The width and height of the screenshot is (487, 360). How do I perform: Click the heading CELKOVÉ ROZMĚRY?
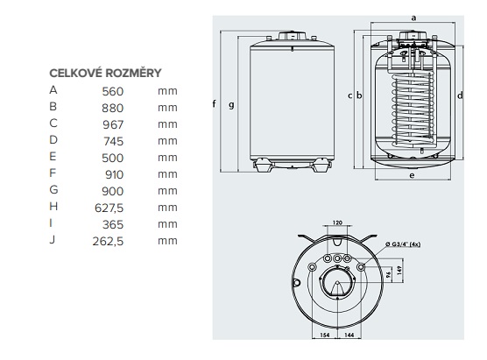105,73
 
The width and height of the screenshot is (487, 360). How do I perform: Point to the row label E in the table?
53,157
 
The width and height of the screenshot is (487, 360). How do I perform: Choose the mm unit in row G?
168,190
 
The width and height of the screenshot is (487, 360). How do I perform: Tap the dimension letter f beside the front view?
215,104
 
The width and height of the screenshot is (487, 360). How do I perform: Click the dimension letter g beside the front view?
230,104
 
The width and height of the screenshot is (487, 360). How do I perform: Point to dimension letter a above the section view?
412,17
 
